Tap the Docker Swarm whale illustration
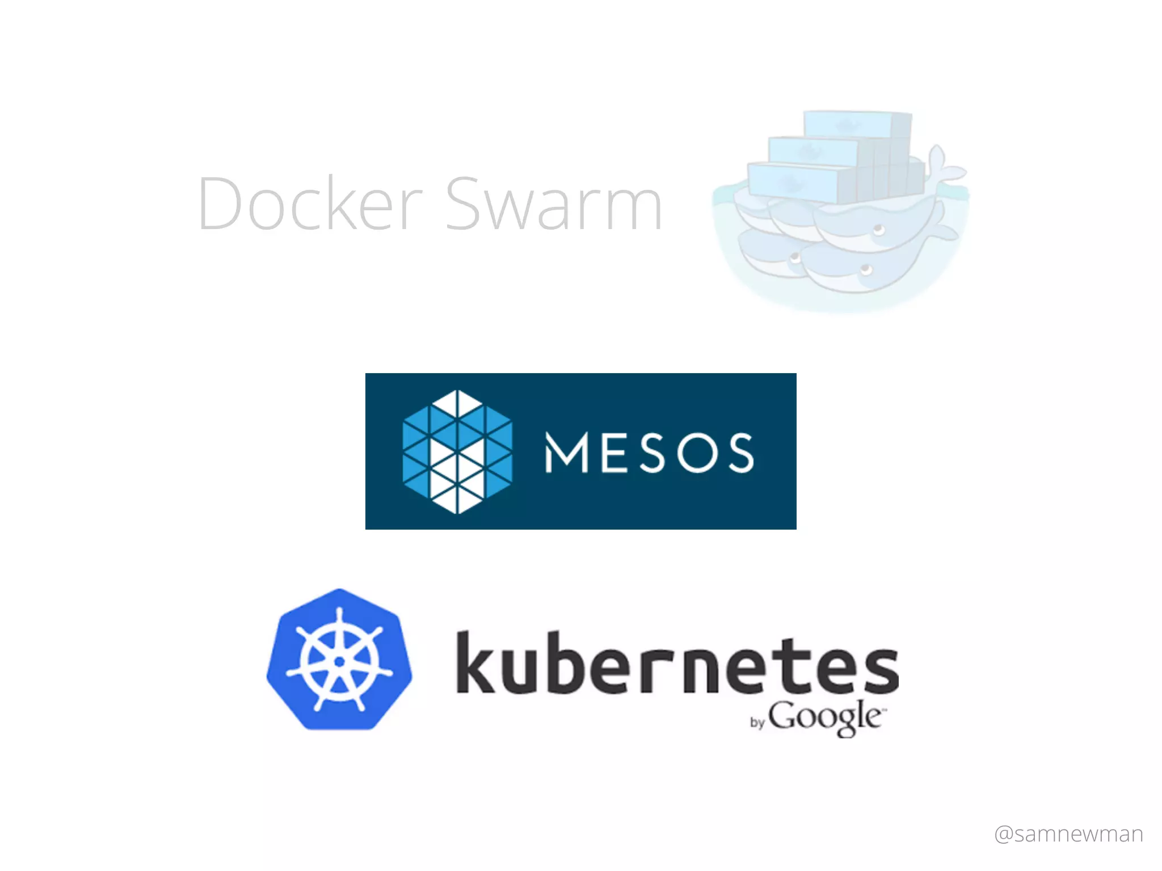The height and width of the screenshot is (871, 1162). pos(840,227)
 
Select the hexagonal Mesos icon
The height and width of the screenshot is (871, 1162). pos(457,451)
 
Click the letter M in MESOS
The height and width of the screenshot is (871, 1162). pos(566,453)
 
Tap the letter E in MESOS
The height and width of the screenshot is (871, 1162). pos(614,453)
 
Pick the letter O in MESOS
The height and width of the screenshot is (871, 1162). pos(698,453)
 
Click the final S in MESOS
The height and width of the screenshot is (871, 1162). pos(742,453)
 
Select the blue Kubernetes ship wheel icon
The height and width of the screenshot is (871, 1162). pos(339,659)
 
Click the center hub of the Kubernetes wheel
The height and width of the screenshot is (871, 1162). pos(339,661)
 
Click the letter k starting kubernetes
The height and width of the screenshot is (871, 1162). pos(475,662)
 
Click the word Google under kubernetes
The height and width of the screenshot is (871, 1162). pos(826,717)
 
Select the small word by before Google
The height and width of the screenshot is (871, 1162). pos(757,722)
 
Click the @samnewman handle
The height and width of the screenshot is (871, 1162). pos(1069,834)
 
